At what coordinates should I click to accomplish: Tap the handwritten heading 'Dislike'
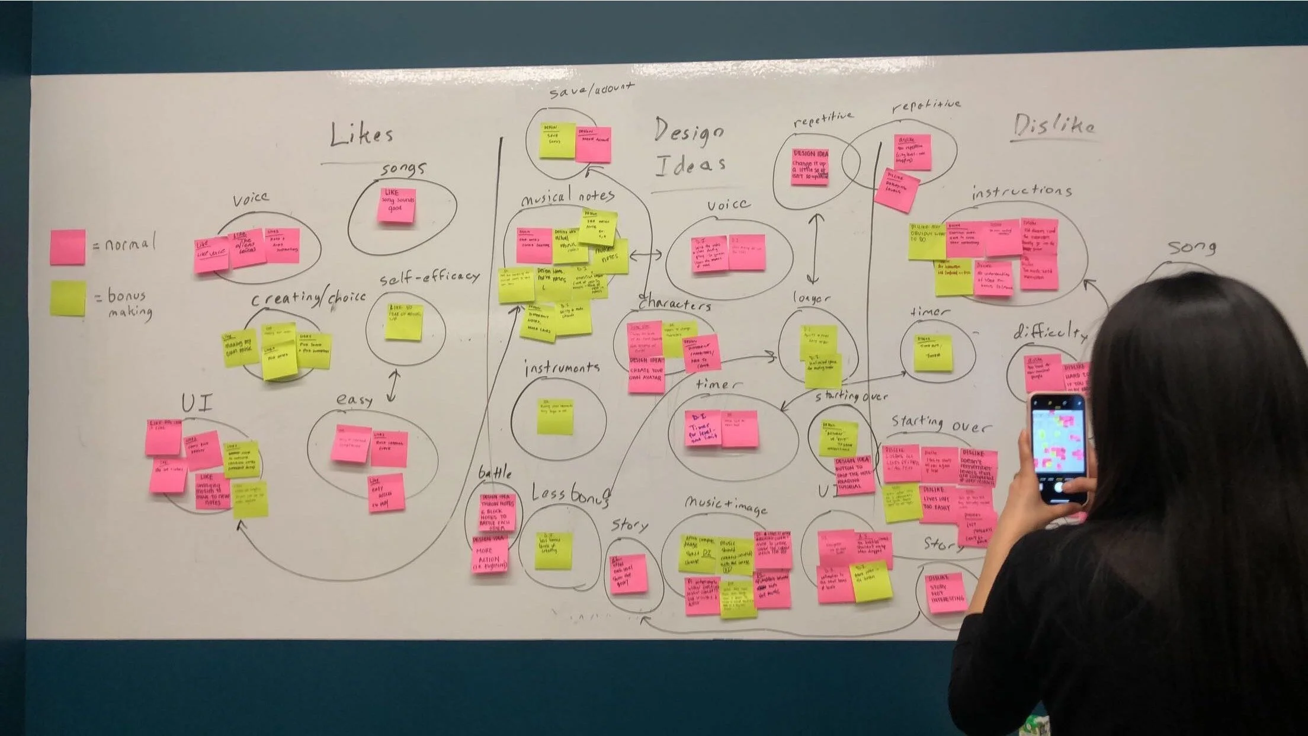(x=1054, y=126)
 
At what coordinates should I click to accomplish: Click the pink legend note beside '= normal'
(x=68, y=247)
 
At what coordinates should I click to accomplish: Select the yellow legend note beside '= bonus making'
(x=68, y=297)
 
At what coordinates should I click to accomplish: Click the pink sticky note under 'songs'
(x=396, y=204)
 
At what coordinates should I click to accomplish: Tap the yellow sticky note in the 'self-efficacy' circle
(x=404, y=322)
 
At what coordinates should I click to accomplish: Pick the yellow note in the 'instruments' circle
(x=555, y=416)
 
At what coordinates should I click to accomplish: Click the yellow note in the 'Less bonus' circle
(x=553, y=550)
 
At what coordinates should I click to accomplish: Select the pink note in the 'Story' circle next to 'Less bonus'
(x=628, y=574)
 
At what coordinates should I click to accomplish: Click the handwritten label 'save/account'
(x=591, y=90)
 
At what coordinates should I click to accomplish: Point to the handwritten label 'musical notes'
(x=568, y=196)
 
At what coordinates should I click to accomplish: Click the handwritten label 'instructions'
(x=1021, y=191)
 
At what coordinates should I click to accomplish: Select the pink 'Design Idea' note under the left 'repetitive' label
(x=810, y=167)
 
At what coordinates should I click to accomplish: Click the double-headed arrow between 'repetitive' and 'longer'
(x=816, y=248)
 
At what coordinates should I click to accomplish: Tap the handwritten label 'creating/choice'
(x=309, y=298)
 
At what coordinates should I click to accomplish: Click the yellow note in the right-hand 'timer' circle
(x=932, y=353)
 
